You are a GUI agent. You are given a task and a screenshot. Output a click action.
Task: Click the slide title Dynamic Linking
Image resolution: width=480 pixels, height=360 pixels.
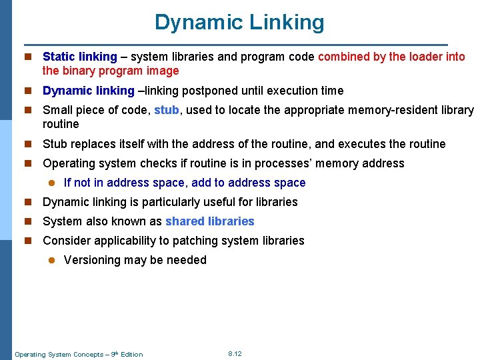tap(239, 22)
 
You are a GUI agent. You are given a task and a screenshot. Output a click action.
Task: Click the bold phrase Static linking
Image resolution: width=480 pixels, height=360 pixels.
tap(80, 57)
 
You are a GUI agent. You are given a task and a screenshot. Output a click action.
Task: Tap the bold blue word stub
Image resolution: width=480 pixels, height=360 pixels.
tap(166, 110)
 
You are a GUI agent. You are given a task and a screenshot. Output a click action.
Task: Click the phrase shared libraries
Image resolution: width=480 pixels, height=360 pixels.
tap(210, 221)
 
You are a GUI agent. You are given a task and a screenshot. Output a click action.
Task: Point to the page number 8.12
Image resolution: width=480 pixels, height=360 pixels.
tap(235, 353)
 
